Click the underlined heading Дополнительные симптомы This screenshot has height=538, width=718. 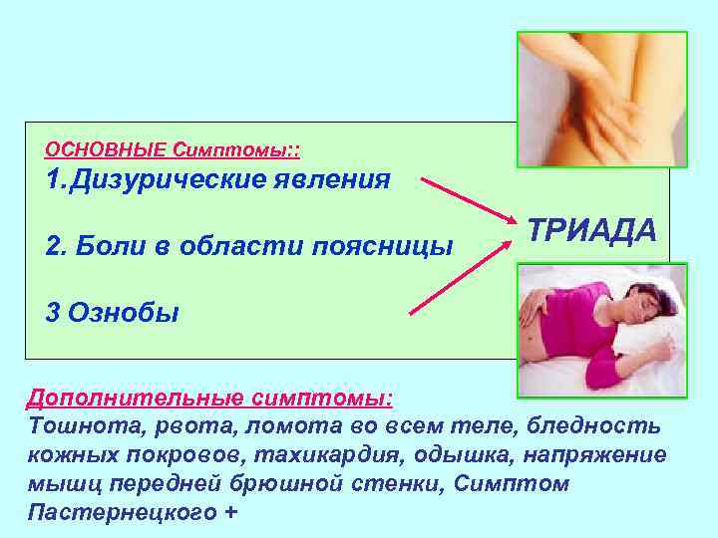pyautogui.click(x=209, y=400)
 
